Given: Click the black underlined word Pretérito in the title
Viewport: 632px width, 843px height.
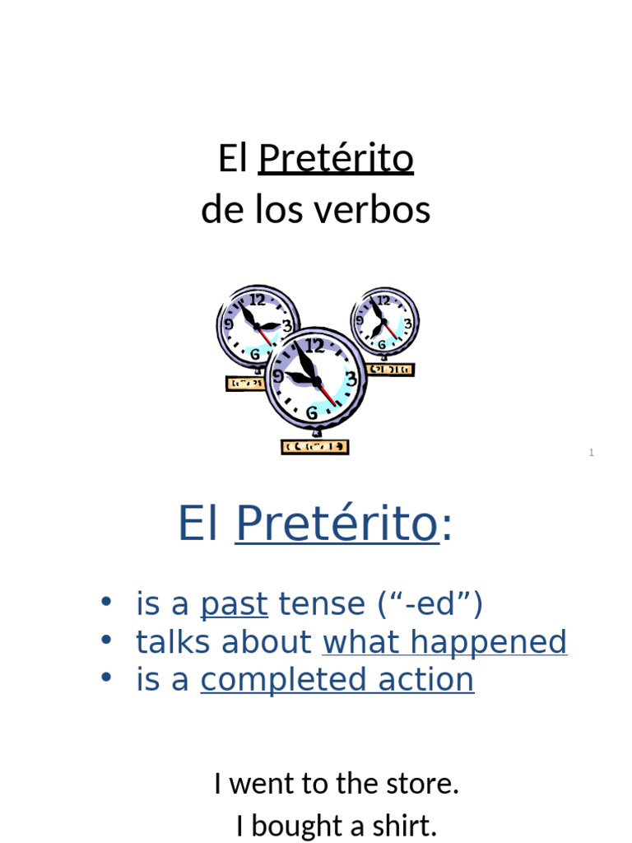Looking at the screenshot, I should (x=336, y=159).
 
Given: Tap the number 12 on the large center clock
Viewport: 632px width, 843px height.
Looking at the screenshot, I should (x=314, y=345).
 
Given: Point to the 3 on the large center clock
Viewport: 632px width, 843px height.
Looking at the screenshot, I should (x=351, y=380).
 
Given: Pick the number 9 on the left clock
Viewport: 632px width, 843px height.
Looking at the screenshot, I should (x=229, y=324).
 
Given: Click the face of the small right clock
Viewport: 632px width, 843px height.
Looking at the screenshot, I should (x=384, y=322).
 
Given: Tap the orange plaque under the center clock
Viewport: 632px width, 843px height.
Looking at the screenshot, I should (x=315, y=447).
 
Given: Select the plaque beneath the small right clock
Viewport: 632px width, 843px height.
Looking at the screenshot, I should (x=391, y=370).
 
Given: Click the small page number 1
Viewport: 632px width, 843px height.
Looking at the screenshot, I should (x=591, y=453).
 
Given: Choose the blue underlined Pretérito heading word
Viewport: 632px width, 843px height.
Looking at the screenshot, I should (x=337, y=524).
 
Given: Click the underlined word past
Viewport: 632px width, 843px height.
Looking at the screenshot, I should (x=234, y=604).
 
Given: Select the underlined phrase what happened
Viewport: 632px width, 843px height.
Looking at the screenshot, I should (x=444, y=642).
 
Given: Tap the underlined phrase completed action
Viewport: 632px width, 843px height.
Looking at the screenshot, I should (x=337, y=680).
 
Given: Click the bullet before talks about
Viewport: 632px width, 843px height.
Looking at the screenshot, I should (x=105, y=640).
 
